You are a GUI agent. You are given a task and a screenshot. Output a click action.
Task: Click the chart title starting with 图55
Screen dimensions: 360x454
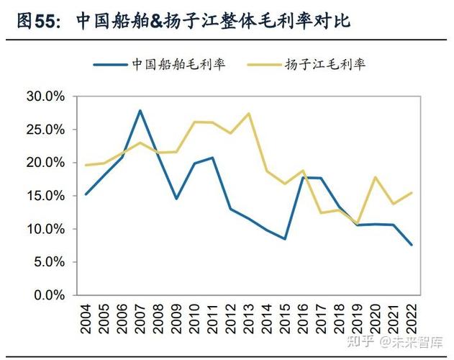click(183, 21)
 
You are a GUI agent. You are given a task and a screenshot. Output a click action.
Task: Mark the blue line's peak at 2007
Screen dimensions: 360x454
click(140, 110)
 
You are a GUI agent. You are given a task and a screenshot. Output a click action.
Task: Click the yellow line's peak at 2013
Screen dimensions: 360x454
click(248, 113)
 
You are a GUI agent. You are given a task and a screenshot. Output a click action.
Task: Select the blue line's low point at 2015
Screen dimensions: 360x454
click(285, 239)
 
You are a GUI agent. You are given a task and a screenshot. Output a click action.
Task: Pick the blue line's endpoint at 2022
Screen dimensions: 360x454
click(412, 245)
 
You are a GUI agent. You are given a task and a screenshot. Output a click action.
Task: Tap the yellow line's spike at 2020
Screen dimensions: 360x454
click(375, 177)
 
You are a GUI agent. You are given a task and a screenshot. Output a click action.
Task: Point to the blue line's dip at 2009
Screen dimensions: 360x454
click(176, 199)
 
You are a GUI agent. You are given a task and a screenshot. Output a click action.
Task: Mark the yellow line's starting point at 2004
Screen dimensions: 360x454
click(86, 165)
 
